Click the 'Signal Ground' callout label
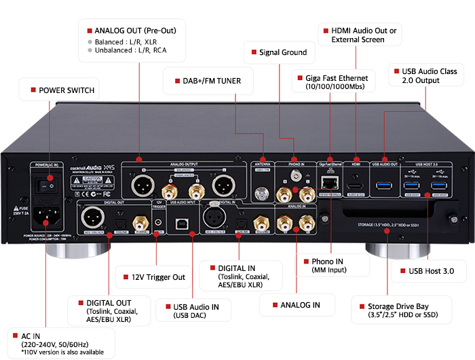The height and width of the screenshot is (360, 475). [x=282, y=52]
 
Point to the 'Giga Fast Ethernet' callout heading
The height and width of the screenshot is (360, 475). [x=333, y=78]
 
